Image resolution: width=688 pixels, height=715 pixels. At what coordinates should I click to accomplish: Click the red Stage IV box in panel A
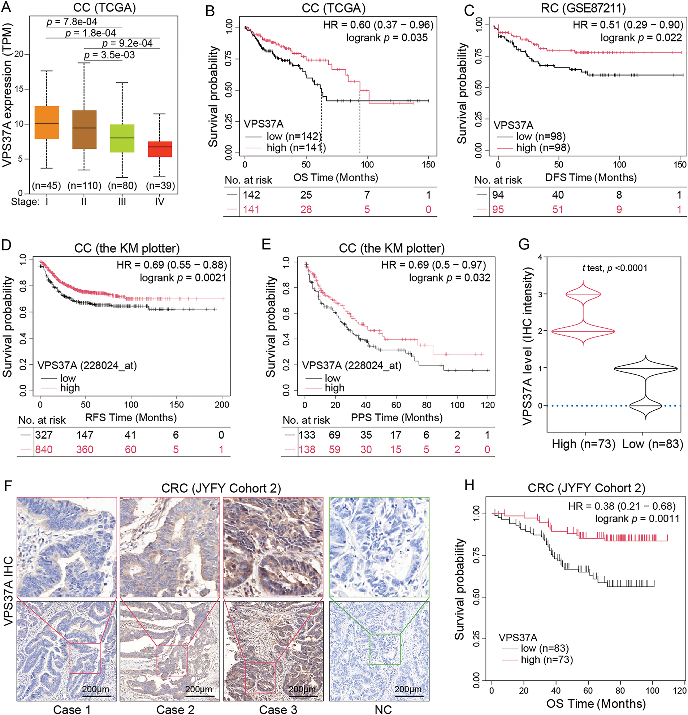click(x=160, y=149)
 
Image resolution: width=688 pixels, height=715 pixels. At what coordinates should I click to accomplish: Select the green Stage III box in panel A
click(x=122, y=138)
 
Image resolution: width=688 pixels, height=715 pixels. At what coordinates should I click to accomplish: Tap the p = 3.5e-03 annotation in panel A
click(x=109, y=55)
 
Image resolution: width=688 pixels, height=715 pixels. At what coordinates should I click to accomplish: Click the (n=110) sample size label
click(x=84, y=186)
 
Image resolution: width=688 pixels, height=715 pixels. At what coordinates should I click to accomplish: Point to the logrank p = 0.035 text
click(x=387, y=38)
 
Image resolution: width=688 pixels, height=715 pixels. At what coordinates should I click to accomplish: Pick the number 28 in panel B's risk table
click(x=306, y=209)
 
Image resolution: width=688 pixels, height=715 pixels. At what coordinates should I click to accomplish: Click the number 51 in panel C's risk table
click(x=558, y=209)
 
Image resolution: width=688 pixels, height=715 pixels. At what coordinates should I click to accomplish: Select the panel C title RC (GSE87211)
click(x=583, y=8)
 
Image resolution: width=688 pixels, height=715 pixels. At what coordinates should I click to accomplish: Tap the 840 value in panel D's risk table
click(x=44, y=449)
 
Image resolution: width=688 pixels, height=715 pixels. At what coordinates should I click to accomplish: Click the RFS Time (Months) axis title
click(x=131, y=417)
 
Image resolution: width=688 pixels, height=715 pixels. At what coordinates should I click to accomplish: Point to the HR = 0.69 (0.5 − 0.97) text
click(x=434, y=265)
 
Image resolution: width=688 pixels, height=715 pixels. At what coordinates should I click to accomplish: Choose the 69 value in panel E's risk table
click(x=334, y=435)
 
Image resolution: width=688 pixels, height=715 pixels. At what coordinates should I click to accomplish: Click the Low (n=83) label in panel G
click(x=653, y=444)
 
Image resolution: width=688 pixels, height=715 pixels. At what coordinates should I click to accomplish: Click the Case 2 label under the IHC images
click(x=175, y=710)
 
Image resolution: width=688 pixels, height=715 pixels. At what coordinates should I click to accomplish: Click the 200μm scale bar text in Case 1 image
click(x=96, y=689)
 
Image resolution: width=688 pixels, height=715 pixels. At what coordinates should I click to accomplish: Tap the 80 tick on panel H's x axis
click(x=620, y=690)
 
